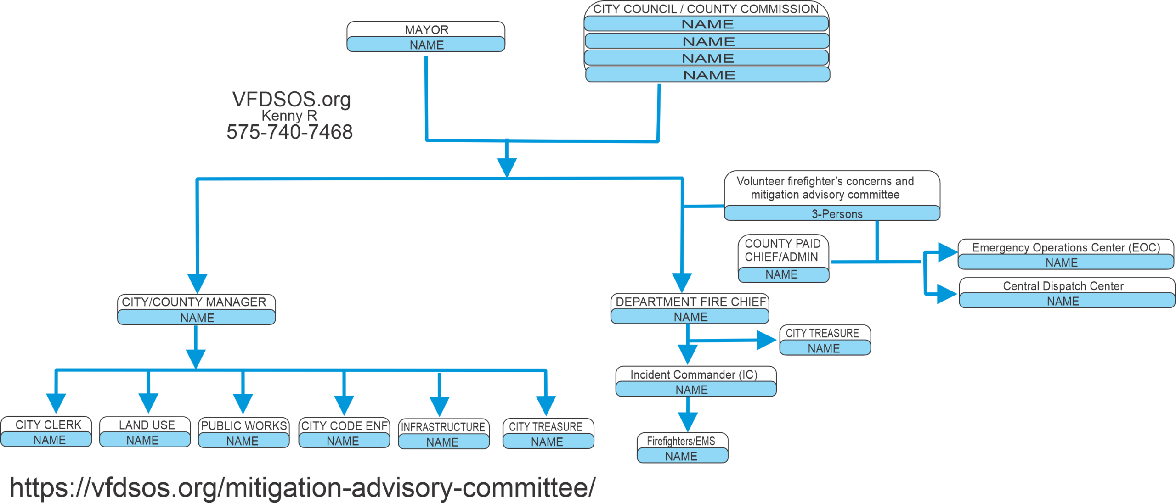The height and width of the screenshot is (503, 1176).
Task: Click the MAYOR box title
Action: [426, 30]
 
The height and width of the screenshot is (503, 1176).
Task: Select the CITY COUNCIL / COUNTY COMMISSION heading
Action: [706, 9]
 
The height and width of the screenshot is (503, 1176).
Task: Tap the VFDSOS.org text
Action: [291, 99]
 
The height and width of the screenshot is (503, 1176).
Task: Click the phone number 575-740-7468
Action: [289, 132]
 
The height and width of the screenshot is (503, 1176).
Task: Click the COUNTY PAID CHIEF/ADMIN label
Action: [782, 250]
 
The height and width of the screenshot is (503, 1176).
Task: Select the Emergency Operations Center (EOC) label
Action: [1066, 248]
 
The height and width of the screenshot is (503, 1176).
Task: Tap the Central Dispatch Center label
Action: [1063, 286]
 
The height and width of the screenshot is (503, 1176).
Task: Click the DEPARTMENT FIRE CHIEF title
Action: [690, 302]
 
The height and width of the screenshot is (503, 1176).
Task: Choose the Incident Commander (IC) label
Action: [694, 374]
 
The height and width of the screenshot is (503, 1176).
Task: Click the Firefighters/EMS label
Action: [681, 441]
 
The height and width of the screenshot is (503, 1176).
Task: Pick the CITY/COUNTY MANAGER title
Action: [194, 302]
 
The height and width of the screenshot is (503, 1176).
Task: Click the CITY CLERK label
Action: [48, 425]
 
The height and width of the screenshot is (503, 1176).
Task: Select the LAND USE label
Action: [147, 425]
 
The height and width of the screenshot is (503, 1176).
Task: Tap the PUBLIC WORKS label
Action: [244, 426]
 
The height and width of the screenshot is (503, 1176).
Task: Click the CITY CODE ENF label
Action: [344, 426]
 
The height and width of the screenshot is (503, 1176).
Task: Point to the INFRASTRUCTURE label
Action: [443, 427]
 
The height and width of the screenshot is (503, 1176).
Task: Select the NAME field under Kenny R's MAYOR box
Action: [426, 45]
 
